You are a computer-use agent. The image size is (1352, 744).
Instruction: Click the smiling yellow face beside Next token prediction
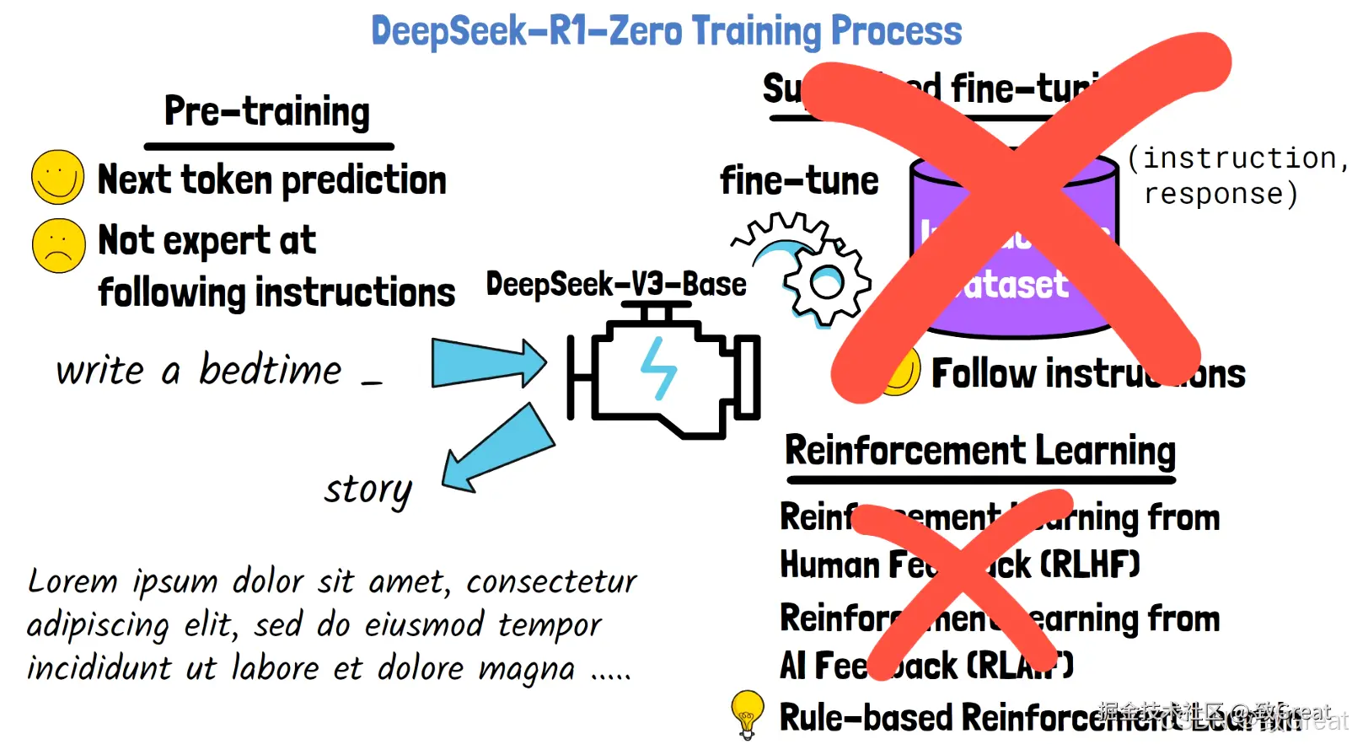(x=57, y=177)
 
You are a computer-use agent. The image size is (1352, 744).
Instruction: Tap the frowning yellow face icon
(x=58, y=245)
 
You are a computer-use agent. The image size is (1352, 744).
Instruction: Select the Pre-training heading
(x=267, y=111)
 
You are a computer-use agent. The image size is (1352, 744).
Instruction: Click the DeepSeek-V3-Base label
(x=616, y=285)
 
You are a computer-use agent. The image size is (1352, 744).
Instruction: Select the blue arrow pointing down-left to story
(x=497, y=448)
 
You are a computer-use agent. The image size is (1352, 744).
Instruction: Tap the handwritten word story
(x=368, y=490)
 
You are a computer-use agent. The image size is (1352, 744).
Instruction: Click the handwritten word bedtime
(x=270, y=370)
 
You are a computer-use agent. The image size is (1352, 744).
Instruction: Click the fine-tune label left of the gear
(x=798, y=181)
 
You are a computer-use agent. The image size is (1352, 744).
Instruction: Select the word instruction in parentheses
(x=1239, y=158)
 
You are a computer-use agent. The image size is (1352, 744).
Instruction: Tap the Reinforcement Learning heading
(x=979, y=451)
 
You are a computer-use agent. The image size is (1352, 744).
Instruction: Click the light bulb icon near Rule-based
(x=747, y=714)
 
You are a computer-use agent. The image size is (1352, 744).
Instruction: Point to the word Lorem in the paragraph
(x=72, y=581)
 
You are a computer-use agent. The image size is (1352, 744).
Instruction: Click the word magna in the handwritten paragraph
(x=526, y=669)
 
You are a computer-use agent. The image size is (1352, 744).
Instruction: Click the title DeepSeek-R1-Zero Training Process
(x=666, y=31)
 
